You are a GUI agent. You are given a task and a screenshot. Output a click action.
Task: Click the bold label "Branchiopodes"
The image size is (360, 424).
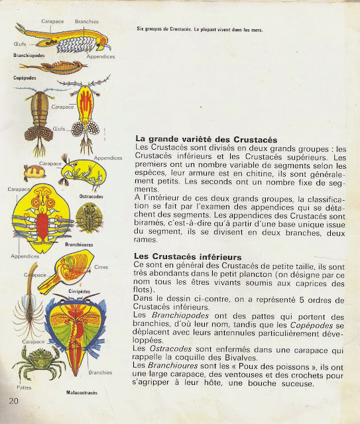coord(29,56)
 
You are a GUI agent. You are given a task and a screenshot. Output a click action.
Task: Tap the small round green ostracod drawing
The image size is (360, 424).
coord(88,216)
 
